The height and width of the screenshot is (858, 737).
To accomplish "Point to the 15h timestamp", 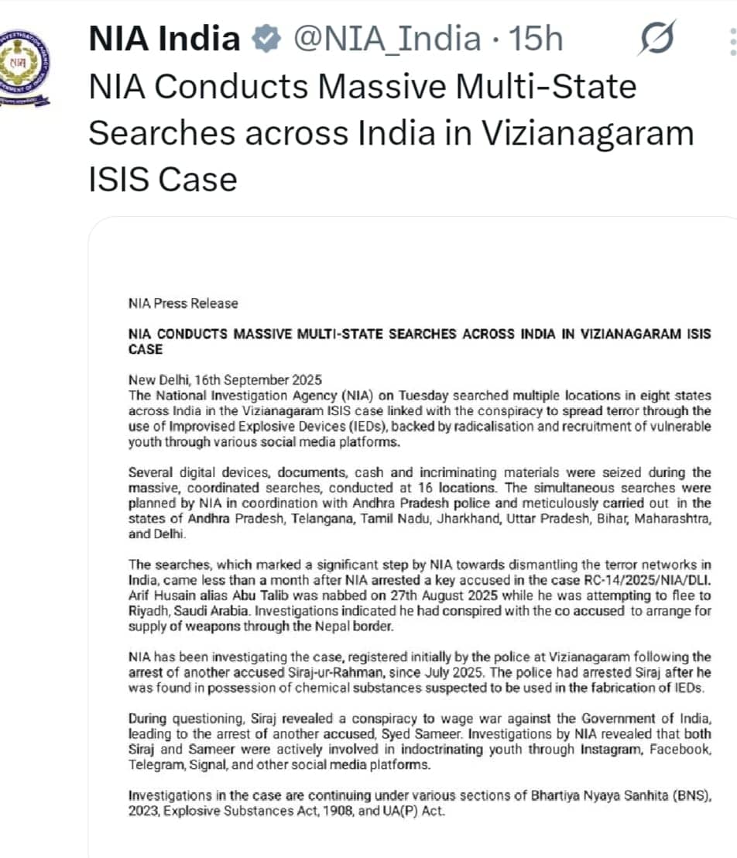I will (535, 39).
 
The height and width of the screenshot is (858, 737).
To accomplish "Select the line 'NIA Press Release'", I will (183, 304).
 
